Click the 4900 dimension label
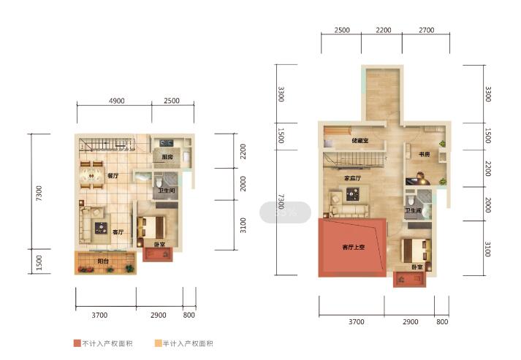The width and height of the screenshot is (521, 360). tap(118, 101)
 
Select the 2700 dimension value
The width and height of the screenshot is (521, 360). tap(427, 30)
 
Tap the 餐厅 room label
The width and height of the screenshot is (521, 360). tap(113, 176)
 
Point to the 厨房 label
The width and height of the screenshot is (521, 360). tap(167, 157)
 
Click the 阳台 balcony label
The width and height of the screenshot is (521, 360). tap(104, 261)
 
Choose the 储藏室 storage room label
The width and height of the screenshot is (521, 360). tap(360, 140)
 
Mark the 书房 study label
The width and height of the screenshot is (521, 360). tap(424, 155)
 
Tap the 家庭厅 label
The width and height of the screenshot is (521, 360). tap(354, 178)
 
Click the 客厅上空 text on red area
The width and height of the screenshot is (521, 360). tap(354, 247)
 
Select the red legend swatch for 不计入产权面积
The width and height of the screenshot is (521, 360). tap(77, 343)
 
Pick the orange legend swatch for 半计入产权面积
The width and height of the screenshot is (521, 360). tap(156, 343)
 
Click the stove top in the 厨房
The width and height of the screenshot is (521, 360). tap(163, 142)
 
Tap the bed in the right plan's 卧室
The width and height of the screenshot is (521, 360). tap(412, 250)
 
